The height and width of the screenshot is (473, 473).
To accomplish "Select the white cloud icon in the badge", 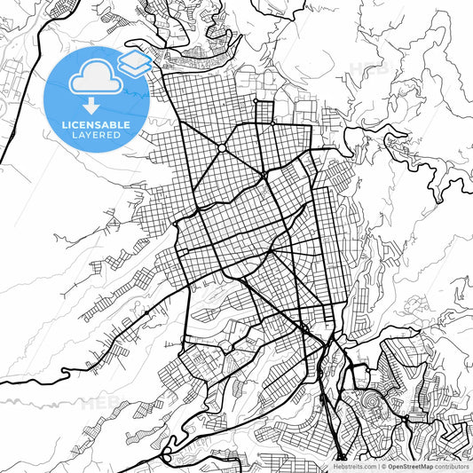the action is [97, 78].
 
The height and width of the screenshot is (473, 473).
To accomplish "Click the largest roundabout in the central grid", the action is [219, 146].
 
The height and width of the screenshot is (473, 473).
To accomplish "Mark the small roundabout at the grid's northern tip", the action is [256, 101].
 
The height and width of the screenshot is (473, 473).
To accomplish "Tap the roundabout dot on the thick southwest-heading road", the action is [146, 313].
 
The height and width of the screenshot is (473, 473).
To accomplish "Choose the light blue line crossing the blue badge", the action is [133, 89].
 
